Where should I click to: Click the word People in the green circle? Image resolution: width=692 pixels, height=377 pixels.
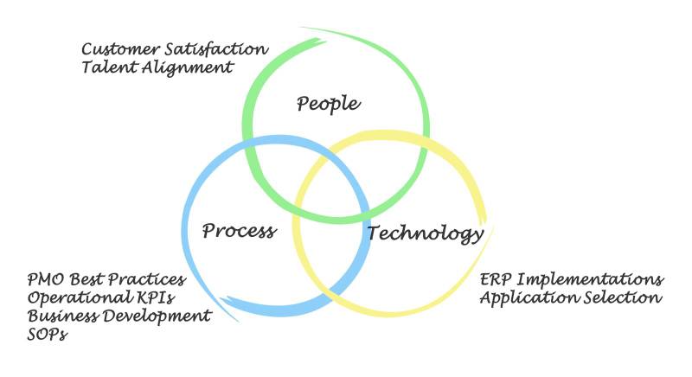coord(328,105)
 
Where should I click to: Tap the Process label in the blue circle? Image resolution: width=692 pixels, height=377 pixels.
coord(239,231)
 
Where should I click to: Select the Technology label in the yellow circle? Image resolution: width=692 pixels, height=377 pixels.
coord(426,233)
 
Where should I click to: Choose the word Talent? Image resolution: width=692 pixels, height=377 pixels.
coord(106,67)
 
